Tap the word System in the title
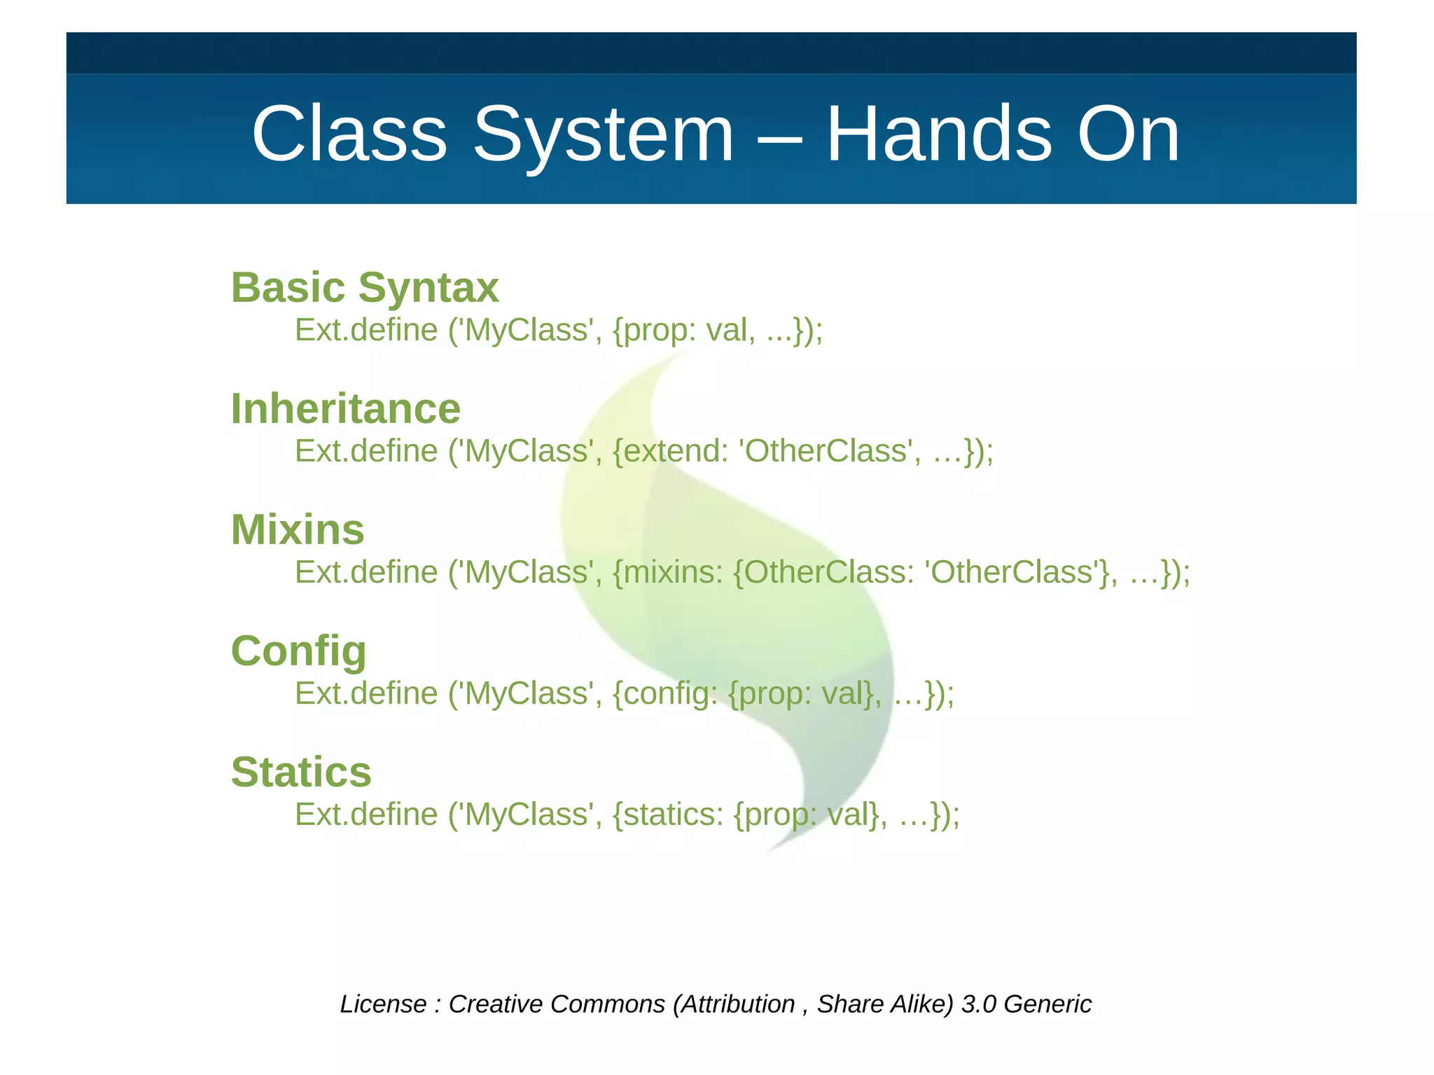click(604, 134)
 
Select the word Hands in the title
click(939, 134)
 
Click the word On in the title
click(1128, 134)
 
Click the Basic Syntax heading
click(365, 288)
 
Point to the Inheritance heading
click(346, 409)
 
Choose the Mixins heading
click(298, 530)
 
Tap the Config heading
click(299, 651)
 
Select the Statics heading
click(301, 772)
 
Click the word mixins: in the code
click(673, 572)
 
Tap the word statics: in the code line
click(673, 814)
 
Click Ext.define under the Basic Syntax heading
click(366, 330)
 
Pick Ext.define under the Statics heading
click(366, 814)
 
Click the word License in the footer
click(383, 1004)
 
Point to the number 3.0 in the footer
click(978, 1004)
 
